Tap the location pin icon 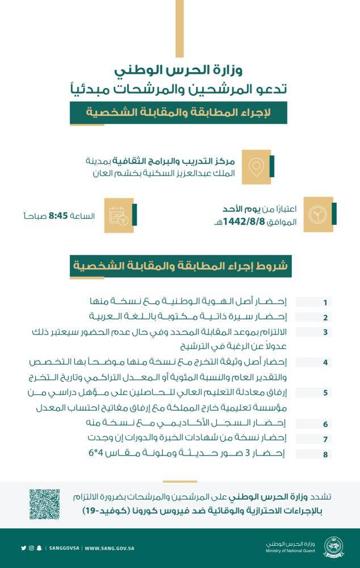coord(257,166)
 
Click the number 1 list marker coord(325,302)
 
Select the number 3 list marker coord(325,332)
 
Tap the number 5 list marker coord(325,392)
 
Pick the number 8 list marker coord(325,454)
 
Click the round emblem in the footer coord(333,548)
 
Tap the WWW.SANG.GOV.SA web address coord(109,548)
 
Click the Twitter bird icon coord(23,548)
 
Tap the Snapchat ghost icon coord(39,548)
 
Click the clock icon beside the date coord(317,215)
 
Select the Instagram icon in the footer coord(31,548)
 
